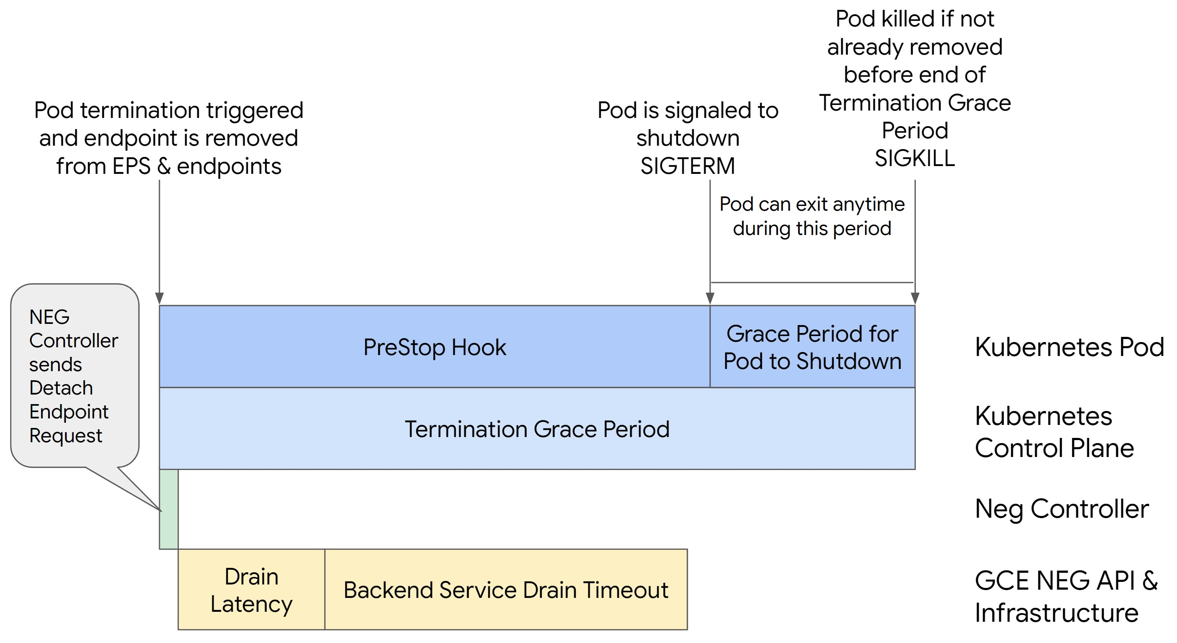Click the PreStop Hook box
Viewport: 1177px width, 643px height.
coord(434,347)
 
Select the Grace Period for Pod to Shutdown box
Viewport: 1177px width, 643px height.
coord(812,347)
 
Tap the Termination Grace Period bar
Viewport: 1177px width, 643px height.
coord(537,428)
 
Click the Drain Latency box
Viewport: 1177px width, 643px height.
coord(251,590)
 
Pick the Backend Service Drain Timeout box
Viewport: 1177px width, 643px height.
coord(506,590)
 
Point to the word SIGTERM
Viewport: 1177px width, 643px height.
coord(687,166)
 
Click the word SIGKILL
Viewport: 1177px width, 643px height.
coord(914,158)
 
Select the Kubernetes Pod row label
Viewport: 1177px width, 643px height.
coord(1069,347)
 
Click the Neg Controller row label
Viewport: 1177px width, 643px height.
coord(1061,508)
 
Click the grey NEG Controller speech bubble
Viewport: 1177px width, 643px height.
coord(75,375)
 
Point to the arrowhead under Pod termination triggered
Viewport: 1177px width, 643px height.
coord(159,298)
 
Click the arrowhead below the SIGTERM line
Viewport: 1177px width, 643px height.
coord(710,298)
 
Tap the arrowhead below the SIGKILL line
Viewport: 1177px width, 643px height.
coord(915,298)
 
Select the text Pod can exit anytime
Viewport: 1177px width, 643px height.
coord(811,204)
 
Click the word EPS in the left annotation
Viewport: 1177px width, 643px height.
coord(131,166)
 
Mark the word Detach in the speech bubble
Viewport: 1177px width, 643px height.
coord(61,388)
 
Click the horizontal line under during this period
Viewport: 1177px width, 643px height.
coord(812,282)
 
